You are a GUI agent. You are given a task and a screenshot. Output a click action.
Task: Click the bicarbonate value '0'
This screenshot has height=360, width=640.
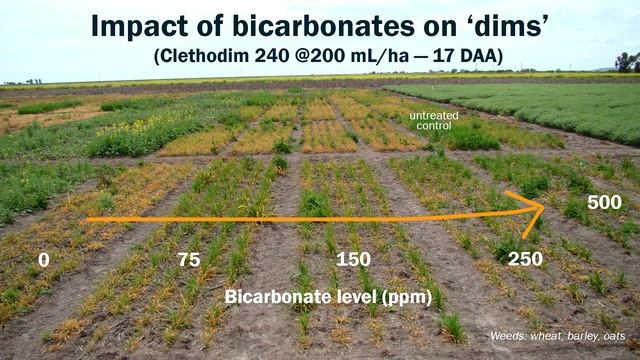pyautogui.click(x=43, y=260)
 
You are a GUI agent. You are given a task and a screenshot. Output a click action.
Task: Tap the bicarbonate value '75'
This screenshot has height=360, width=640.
pyautogui.click(x=188, y=260)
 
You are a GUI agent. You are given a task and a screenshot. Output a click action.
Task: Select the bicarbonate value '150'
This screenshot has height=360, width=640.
pyautogui.click(x=352, y=260)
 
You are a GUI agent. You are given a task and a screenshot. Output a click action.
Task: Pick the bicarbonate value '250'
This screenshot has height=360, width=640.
pyautogui.click(x=525, y=260)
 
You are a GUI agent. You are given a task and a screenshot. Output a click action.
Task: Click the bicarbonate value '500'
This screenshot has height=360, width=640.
pyautogui.click(x=604, y=203)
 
